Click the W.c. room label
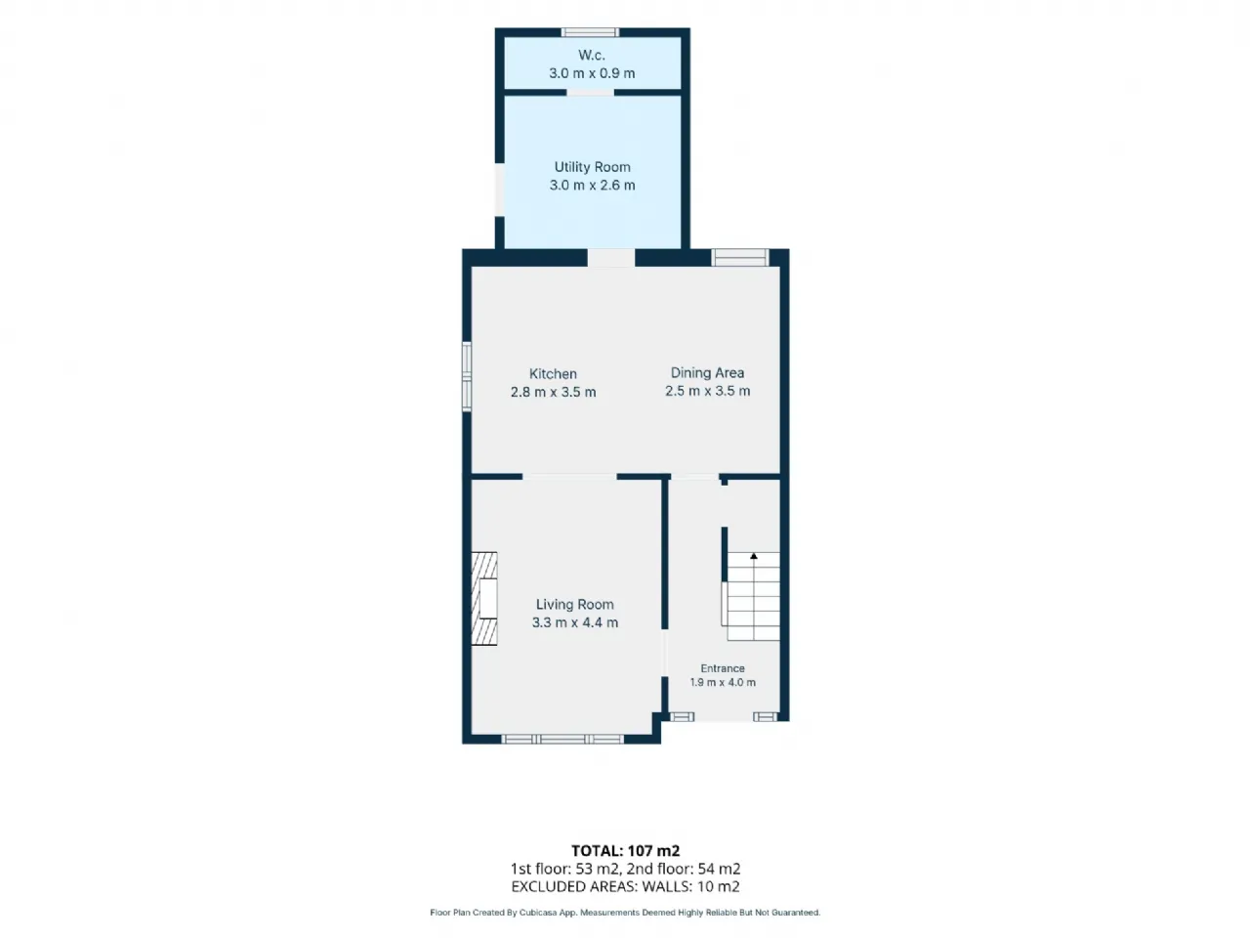[592, 56]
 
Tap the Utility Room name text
[592, 167]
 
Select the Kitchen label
[553, 373]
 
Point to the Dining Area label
[707, 373]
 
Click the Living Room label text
[574, 604]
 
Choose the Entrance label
[723, 668]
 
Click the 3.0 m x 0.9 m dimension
[592, 73]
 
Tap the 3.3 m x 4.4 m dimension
[574, 622]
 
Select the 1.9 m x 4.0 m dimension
[723, 682]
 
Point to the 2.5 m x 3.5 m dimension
[707, 391]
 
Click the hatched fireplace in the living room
[484, 599]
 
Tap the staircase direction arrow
[753, 556]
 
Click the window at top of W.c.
[591, 32]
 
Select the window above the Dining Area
[740, 257]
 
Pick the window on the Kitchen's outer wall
[467, 376]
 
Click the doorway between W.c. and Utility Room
[590, 92]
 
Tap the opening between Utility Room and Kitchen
[611, 257]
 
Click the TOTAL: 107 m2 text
[625, 851]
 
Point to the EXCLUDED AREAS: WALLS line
[625, 887]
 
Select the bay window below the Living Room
[562, 740]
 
